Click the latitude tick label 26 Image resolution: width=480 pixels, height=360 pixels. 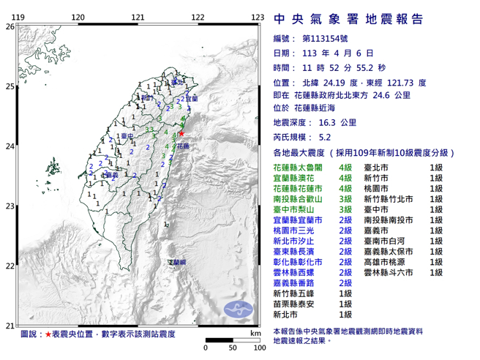10,26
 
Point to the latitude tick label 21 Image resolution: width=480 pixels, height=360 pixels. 10,326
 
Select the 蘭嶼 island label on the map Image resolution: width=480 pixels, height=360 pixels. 177,261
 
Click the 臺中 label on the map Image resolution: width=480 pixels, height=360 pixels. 127,136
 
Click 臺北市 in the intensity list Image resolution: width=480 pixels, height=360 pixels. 377,168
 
